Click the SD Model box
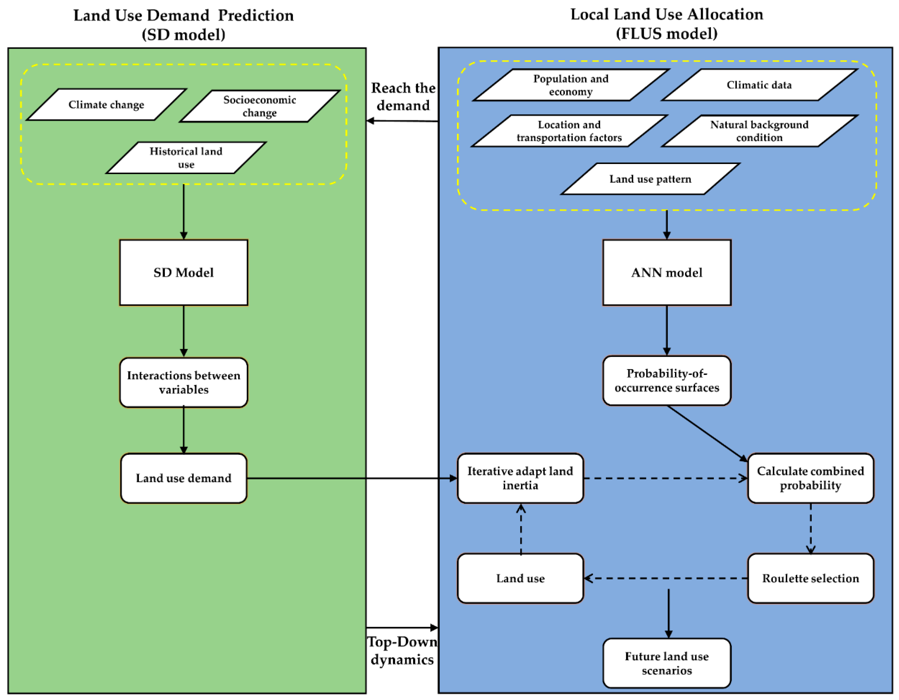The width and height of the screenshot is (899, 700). pos(184,272)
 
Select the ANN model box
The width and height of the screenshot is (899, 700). pos(666,272)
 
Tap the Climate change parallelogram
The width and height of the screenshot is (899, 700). pos(106,104)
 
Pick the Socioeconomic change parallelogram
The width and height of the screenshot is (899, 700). pos(259,106)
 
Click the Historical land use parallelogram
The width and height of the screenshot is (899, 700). pos(186,158)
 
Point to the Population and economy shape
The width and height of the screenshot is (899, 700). pos(571,85)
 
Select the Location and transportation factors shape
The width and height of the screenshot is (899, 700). pos(569,131)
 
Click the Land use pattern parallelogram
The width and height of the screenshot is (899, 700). pos(650,179)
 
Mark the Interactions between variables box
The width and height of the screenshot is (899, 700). pos(184,382)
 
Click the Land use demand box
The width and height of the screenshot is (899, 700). pos(184,478)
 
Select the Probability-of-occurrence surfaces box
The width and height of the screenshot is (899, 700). pos(666,381)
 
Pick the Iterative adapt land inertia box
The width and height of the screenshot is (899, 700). pos(520,478)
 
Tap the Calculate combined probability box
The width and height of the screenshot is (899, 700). pos(810,478)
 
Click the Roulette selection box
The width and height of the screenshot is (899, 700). pos(810,578)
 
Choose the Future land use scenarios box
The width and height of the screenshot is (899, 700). pos(666,663)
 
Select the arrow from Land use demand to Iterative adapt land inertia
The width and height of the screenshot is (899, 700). pos(350,478)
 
